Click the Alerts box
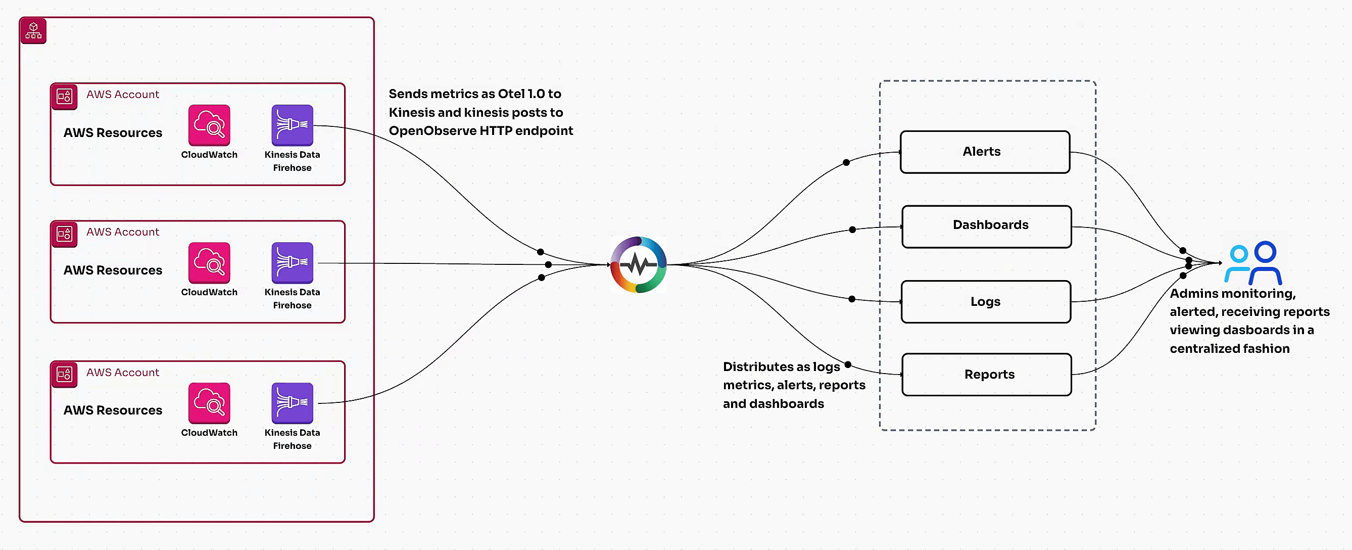985,152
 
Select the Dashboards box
986,226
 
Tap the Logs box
986,301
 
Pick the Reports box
986,374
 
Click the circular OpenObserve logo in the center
638,264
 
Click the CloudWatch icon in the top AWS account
209,125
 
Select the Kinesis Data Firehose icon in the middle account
292,263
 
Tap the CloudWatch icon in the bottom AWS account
209,403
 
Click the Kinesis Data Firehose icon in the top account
292,125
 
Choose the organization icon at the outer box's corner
33,30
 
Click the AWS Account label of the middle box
122,232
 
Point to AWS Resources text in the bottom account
113,410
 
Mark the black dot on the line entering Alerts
846,162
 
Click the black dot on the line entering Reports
848,364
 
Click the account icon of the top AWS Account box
64,96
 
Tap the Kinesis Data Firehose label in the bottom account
292,439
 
